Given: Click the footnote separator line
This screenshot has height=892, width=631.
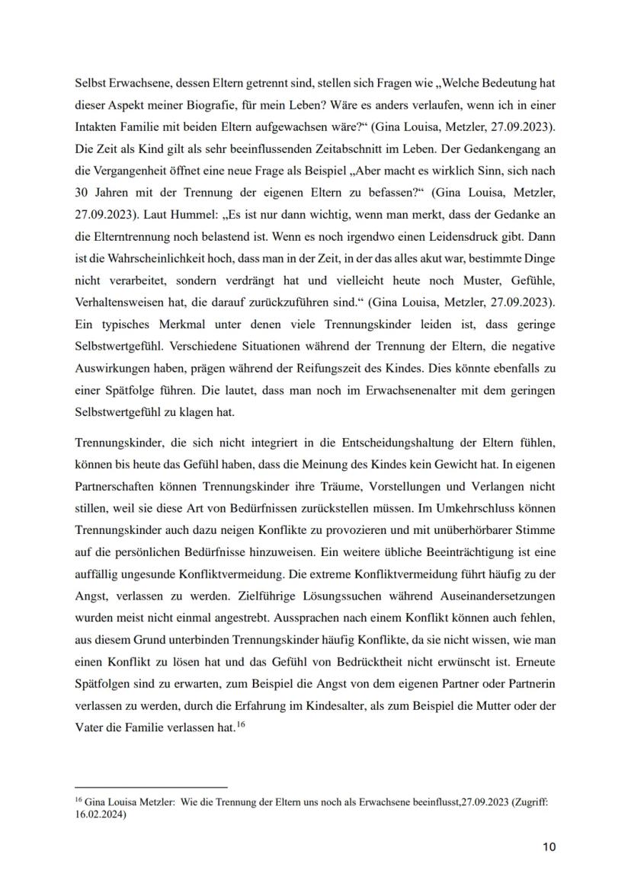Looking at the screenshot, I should tap(151, 787).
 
